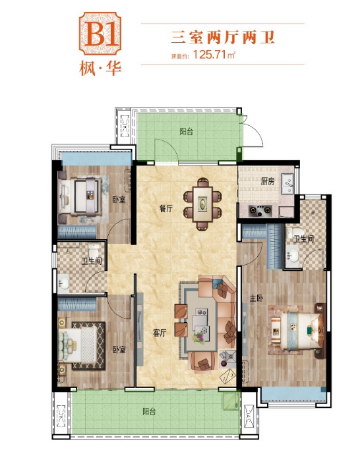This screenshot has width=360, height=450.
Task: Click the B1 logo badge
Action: tap(100, 34)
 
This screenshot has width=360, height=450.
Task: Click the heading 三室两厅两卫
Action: tap(223, 38)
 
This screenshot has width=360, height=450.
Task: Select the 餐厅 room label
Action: tap(166, 208)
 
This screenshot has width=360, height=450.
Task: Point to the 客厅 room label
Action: tap(160, 333)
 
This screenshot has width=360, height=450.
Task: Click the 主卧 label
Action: tap(256, 298)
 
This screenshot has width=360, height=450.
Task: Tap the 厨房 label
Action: tap(268, 181)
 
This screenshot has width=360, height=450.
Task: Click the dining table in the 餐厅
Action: tap(202, 204)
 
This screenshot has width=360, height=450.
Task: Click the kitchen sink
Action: tap(287, 184)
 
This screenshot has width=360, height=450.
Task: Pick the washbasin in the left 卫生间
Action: tap(63, 282)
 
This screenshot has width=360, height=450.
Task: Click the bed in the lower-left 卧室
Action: tap(78, 345)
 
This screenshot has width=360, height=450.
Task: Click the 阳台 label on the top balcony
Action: tap(187, 132)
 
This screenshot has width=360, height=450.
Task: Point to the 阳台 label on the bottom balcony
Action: tap(149, 412)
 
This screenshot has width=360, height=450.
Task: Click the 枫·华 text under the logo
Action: tap(101, 69)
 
